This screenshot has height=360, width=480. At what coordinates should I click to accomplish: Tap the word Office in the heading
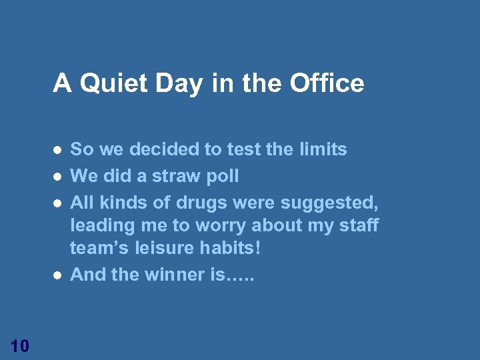coord(327,83)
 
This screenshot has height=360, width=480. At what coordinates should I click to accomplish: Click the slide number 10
coord(20,345)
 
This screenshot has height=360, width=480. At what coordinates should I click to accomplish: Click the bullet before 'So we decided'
coord(58,149)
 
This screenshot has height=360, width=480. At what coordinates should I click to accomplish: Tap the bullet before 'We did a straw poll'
coord(58,176)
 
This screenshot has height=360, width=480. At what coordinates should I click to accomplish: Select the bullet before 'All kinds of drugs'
coord(58,201)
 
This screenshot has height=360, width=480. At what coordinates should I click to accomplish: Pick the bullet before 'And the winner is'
coord(58,274)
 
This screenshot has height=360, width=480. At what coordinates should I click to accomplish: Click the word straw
coord(170,176)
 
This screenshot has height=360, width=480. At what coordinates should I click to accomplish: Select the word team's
coord(99,249)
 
